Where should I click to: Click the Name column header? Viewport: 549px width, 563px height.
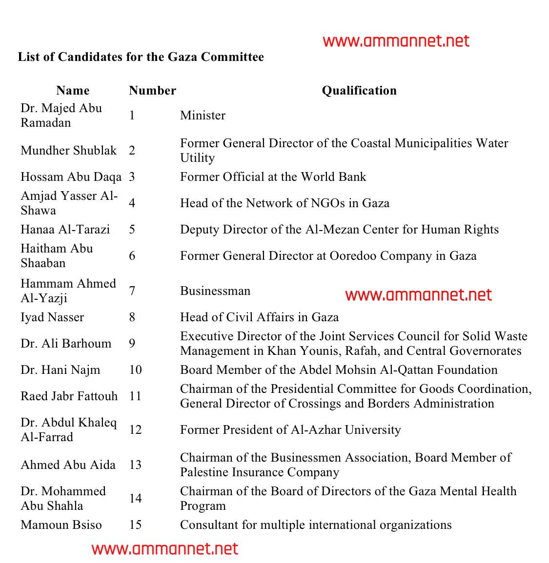pos(73,91)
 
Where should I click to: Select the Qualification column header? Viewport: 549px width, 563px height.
pos(359,91)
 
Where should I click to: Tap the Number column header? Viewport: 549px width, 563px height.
pos(152,91)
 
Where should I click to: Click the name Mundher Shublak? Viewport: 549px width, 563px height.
pos(68,151)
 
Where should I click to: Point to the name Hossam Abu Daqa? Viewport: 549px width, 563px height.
pos(71,177)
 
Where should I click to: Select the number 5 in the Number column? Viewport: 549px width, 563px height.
pos(132,230)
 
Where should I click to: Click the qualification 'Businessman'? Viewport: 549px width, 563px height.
pos(215,291)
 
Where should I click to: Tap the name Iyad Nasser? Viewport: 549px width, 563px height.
pos(52,317)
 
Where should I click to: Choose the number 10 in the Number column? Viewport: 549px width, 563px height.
pos(135,370)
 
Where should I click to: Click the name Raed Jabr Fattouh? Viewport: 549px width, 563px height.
pos(69,396)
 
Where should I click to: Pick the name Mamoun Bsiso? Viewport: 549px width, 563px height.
pos(61,525)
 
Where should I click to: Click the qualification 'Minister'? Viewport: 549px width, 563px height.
pos(203,116)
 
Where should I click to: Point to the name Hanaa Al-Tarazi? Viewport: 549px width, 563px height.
pos(65,230)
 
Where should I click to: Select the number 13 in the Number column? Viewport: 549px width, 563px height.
pos(135,465)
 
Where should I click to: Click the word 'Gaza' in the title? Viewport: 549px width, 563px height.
pos(183,57)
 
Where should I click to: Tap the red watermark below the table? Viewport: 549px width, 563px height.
pos(165,549)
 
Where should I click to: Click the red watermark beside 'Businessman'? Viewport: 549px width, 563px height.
pos(418,295)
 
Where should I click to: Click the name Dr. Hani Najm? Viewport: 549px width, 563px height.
pos(60,370)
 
